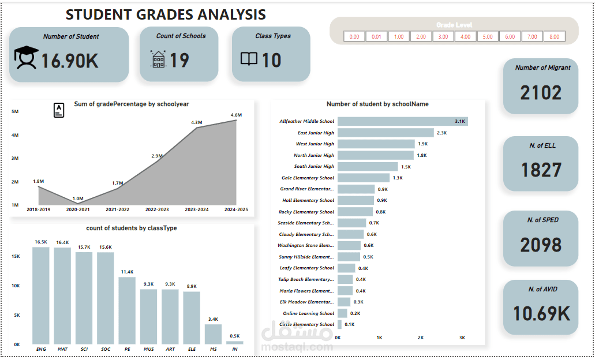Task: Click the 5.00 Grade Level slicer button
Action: [x=488, y=36]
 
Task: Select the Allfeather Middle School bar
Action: [x=403, y=121]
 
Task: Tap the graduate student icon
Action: [x=26, y=58]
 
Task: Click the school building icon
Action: [x=158, y=59]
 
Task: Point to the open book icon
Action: [x=249, y=59]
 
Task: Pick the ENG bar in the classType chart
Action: [x=41, y=295]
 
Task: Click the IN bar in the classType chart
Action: [x=235, y=343]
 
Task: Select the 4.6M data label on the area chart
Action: [x=236, y=115]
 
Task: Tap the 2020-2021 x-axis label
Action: [x=78, y=209]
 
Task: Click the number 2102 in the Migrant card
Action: [x=541, y=93]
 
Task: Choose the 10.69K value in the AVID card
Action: [x=541, y=314]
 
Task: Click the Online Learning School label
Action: [x=309, y=313]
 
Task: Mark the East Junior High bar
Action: [x=386, y=133]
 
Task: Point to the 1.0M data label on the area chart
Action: [x=78, y=199]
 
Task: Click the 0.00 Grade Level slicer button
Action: [x=354, y=36]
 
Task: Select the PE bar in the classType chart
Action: [x=127, y=311]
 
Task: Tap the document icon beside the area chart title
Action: [x=59, y=110]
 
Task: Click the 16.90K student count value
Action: [x=69, y=61]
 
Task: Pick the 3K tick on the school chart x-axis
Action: [x=462, y=337]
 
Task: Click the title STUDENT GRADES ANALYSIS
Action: [x=166, y=14]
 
